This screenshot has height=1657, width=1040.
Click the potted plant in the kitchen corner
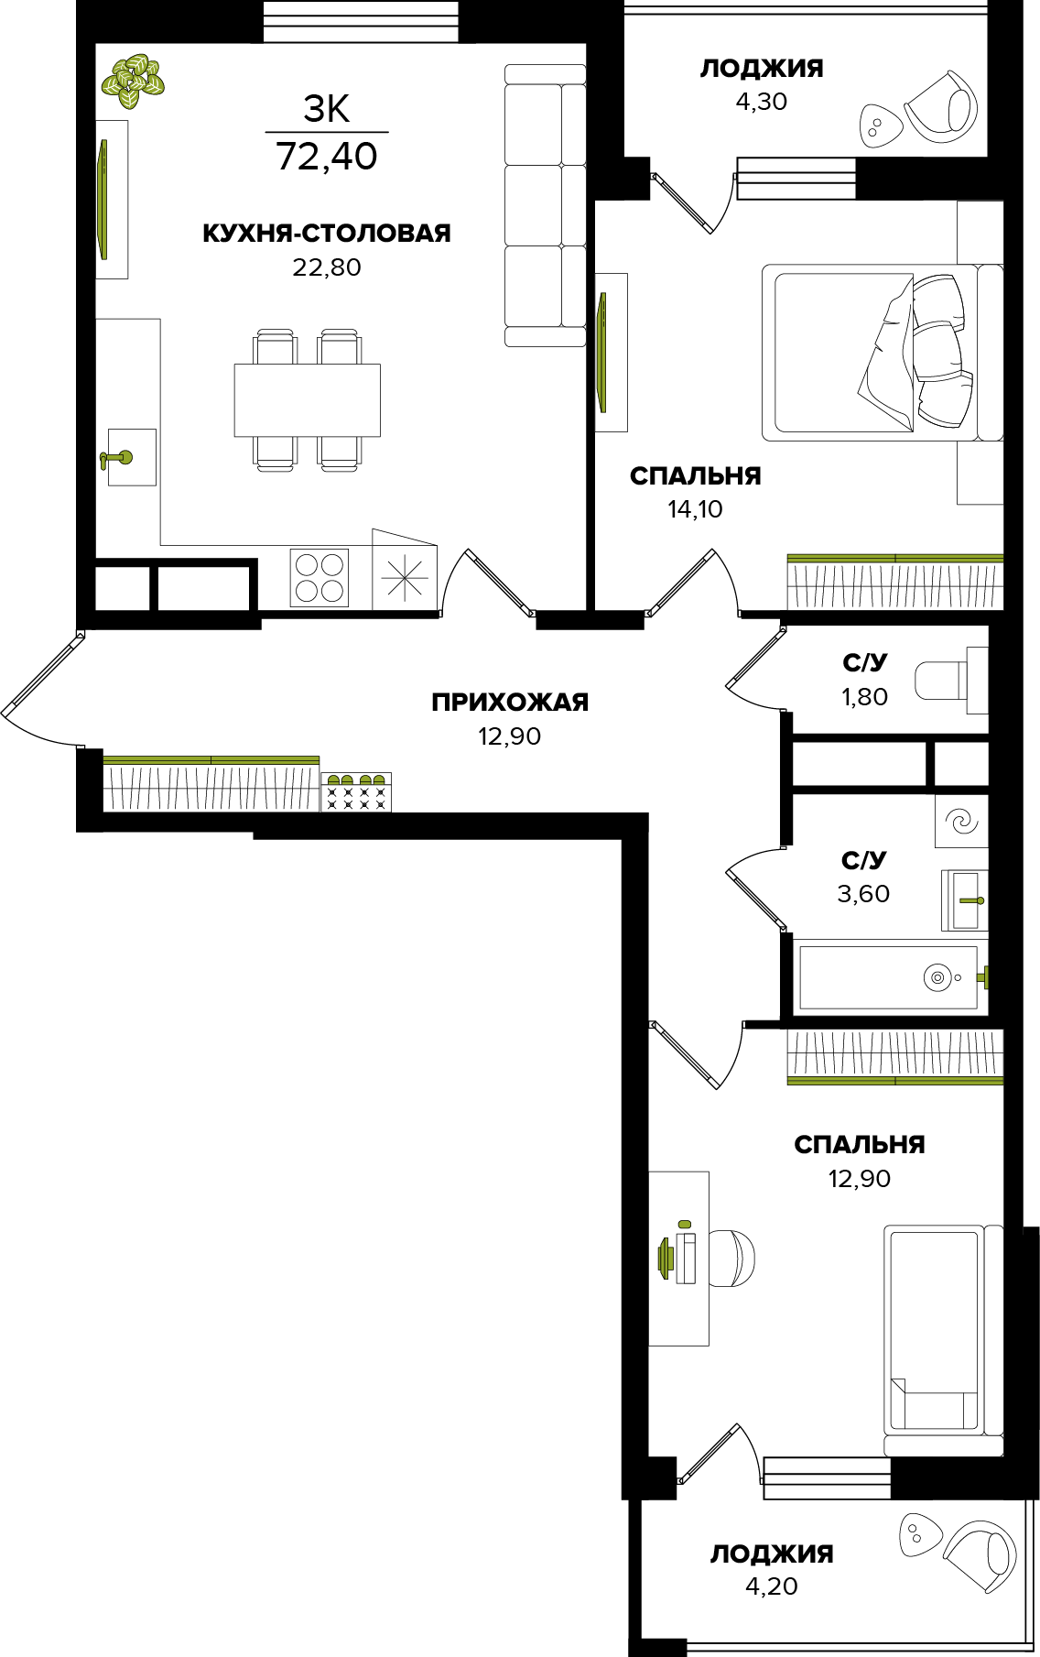point(133,82)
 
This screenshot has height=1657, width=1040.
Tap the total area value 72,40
point(327,157)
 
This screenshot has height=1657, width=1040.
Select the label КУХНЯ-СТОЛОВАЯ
point(327,234)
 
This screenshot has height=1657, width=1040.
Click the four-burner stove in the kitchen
point(320,577)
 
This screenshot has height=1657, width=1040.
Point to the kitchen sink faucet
point(115,458)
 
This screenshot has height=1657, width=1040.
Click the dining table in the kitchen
point(308,400)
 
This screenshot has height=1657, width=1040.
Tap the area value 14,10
point(696,509)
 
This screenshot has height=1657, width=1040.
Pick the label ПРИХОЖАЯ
point(510,703)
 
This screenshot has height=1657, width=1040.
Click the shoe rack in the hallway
point(356,791)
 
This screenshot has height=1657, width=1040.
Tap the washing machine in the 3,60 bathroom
point(961,821)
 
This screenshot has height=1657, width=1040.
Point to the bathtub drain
point(937,977)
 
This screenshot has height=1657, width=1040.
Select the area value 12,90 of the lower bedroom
point(860,1179)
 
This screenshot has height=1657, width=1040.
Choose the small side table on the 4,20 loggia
point(920,1534)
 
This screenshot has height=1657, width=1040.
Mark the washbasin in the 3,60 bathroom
point(965,900)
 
